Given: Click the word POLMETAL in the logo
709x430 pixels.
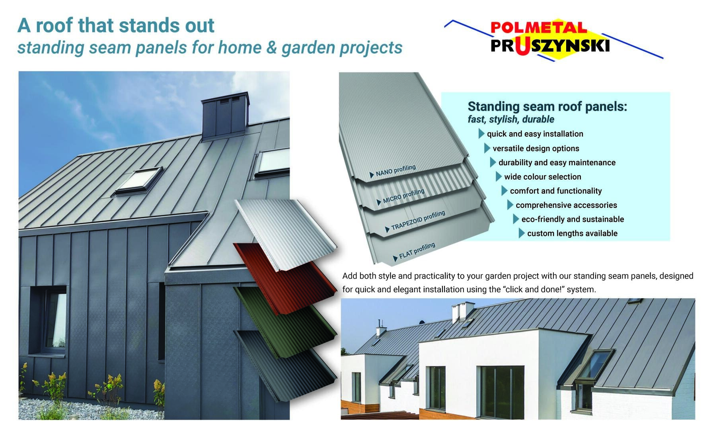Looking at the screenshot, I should pos(538,27).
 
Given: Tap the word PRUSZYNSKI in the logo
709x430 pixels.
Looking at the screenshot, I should pos(550,46).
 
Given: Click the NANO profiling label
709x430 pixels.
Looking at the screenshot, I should pos(395,170).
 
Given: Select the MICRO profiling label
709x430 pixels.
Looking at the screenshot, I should pos(403,196).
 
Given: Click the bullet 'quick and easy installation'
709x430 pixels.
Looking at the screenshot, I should pos(535,134).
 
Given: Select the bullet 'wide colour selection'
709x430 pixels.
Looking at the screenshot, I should pos(542,177).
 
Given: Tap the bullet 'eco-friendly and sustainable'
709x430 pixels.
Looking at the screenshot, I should pos(572,219).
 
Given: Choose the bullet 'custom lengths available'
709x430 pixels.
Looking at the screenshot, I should pos(572,233).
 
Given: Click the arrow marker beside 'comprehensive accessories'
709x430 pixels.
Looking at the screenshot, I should pos(510,205).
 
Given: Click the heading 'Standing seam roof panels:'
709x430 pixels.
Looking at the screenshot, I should pos(547,106).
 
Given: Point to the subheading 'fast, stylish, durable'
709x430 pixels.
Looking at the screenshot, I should pos(510,119).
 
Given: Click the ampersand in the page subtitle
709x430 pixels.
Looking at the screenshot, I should pos(271,47).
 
